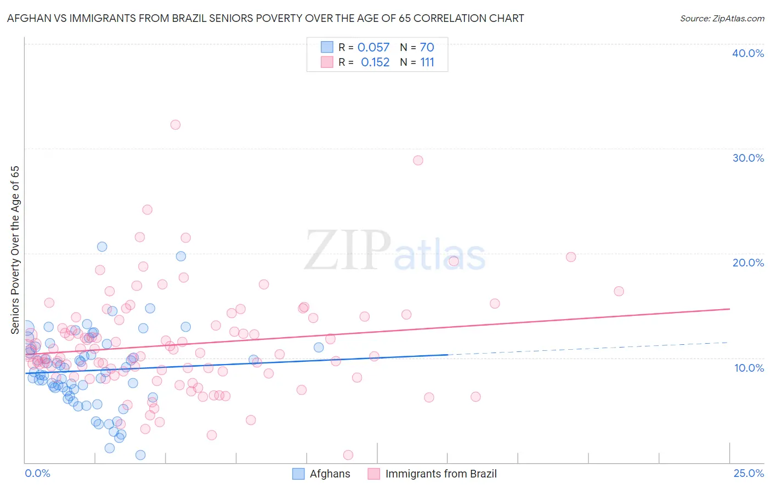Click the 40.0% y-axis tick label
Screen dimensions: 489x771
pyautogui.click(x=748, y=53)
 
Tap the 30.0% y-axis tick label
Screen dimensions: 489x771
pyautogui.click(x=748, y=158)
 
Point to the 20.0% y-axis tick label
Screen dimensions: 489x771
pyautogui.click(x=748, y=263)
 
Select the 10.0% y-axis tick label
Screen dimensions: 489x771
pyautogui.click(x=749, y=368)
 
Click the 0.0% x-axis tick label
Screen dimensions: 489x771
pyautogui.click(x=37, y=474)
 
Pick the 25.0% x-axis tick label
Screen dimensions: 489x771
pyautogui.click(x=749, y=474)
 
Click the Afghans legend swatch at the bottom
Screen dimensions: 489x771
pyautogui.click(x=298, y=474)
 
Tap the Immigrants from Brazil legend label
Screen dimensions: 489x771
pyautogui.click(x=441, y=474)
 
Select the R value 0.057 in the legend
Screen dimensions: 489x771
pyautogui.click(x=373, y=48)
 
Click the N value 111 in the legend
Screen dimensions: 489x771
pyautogui.click(x=427, y=62)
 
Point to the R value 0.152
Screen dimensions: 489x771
pyautogui.click(x=375, y=62)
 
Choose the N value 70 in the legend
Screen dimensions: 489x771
pyautogui.click(x=427, y=48)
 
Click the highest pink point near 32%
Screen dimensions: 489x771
pyautogui.click(x=175, y=124)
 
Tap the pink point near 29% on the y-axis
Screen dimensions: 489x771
pyautogui.click(x=418, y=160)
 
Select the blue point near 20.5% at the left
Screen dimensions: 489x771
pyautogui.click(x=102, y=247)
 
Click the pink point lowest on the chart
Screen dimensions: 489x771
pyautogui.click(x=348, y=455)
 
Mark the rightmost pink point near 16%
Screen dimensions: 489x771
pyautogui.click(x=619, y=291)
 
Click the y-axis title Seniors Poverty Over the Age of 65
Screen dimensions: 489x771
pyautogui.click(x=15, y=250)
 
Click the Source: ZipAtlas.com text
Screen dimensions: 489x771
pyautogui.click(x=722, y=19)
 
